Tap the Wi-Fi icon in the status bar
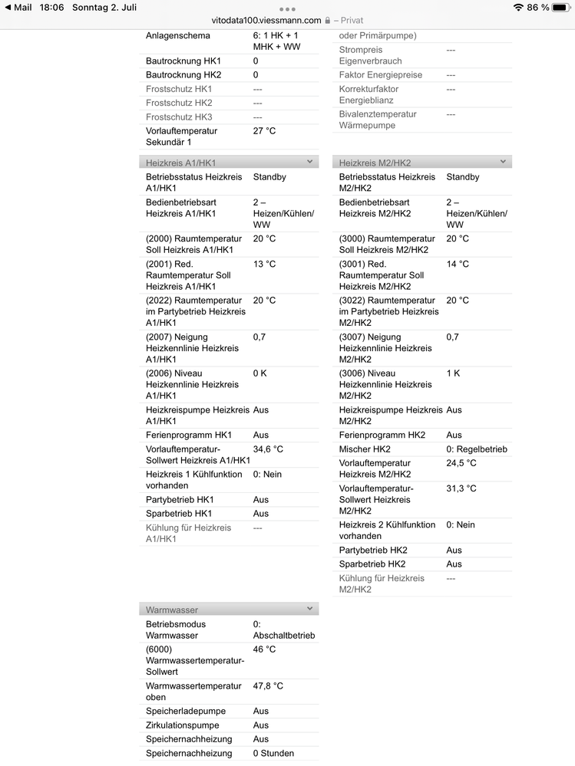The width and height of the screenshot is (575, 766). [x=518, y=7]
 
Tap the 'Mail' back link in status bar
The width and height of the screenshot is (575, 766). [x=18, y=7]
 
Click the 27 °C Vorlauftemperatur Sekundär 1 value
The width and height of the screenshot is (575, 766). [x=264, y=131]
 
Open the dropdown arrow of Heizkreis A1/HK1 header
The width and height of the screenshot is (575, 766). [x=309, y=162]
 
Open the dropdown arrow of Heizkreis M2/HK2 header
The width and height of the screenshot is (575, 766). [x=503, y=162]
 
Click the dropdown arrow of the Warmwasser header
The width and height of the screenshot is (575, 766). [x=309, y=609]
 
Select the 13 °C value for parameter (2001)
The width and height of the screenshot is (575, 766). [x=264, y=265]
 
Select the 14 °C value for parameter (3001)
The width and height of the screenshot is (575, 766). [x=458, y=265]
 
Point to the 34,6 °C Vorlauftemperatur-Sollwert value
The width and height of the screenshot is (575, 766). [x=268, y=449]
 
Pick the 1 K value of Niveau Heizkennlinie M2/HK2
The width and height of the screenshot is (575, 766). [x=453, y=373]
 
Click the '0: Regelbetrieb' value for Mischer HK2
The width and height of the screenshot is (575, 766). [x=477, y=449]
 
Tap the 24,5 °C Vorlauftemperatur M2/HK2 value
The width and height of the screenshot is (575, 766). [x=461, y=463]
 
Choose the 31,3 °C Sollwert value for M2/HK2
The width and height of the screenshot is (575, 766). [x=461, y=488]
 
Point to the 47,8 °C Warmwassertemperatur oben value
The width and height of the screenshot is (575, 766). [x=268, y=686]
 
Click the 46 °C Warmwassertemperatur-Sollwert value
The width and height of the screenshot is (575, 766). [x=264, y=649]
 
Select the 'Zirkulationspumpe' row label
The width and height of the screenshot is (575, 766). [x=183, y=725]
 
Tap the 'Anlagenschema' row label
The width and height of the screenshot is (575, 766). [x=178, y=36]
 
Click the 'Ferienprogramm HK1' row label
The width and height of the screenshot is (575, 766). [x=189, y=436]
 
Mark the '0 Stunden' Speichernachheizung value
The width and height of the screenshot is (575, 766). [x=273, y=754]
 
